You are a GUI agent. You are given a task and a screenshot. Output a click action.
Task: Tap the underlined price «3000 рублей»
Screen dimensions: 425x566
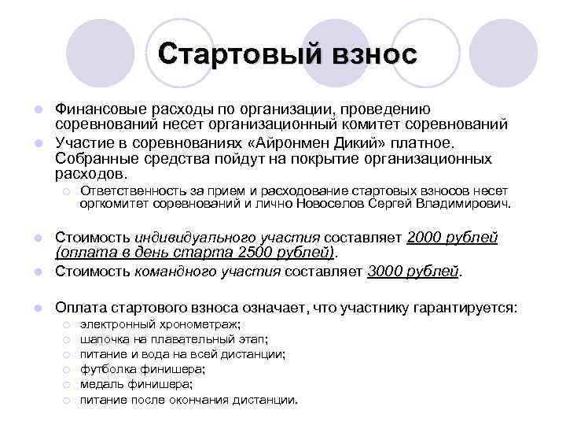point(413,273)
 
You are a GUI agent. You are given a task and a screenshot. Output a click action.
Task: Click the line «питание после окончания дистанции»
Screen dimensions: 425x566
point(189,400)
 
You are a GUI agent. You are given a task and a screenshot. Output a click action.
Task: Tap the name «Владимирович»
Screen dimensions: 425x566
point(465,203)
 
